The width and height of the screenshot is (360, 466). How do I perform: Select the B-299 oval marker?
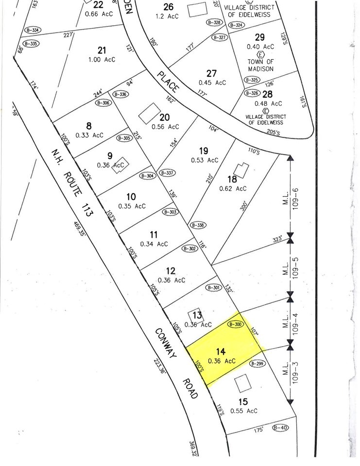(x=258, y=363)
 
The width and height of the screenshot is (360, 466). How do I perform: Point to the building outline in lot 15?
(x=241, y=385)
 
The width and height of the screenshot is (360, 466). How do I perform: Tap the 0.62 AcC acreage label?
(x=233, y=189)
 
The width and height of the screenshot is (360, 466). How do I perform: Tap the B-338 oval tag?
(x=198, y=225)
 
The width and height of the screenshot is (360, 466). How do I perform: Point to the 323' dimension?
(x=277, y=240)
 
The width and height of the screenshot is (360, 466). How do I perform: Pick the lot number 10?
(x=130, y=197)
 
